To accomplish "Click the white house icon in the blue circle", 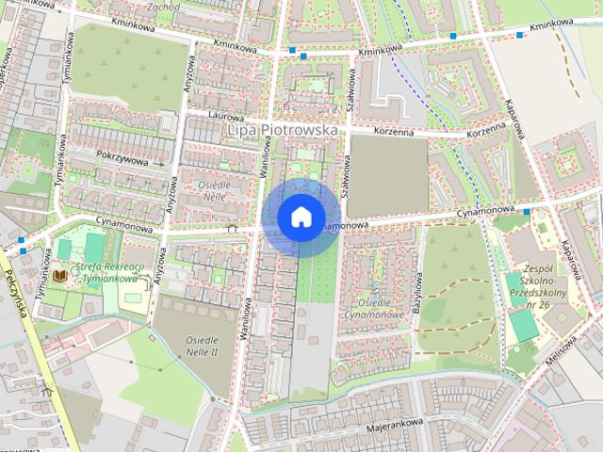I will click(301, 217).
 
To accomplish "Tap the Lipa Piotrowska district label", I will click(283, 130).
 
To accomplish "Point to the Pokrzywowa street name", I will click(122, 160).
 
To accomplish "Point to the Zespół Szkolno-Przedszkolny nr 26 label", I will click(542, 282).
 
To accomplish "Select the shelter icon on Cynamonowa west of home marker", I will click(232, 227).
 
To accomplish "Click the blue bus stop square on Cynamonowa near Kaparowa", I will click(526, 212).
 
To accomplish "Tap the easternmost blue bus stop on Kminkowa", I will click(521, 36).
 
